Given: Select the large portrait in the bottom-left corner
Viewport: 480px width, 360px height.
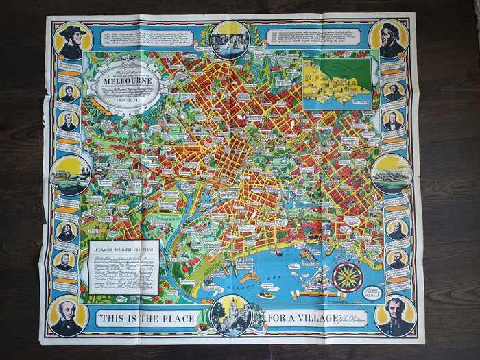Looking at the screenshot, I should tap(69, 317).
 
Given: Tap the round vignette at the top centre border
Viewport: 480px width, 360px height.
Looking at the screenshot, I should tap(230, 38).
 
